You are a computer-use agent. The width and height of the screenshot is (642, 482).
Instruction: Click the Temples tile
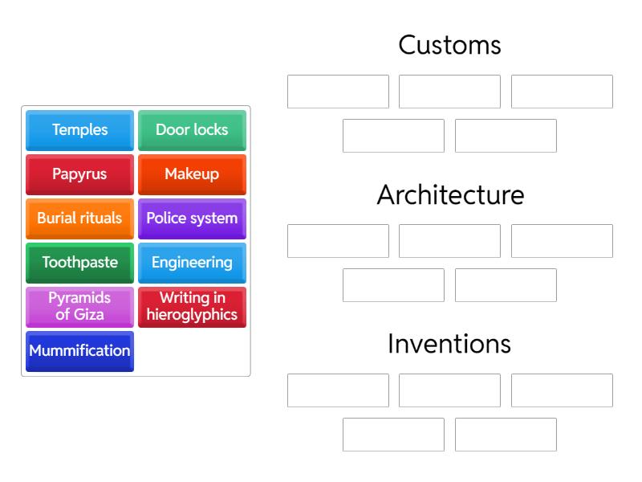[79, 130]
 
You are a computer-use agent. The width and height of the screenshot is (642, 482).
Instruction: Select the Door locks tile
[192, 130]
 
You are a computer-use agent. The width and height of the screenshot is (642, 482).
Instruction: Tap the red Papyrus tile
[79, 174]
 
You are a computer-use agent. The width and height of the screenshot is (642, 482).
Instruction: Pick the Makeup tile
[192, 174]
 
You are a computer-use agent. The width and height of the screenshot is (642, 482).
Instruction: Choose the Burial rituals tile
[79, 219]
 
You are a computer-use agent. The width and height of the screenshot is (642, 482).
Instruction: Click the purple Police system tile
[192, 219]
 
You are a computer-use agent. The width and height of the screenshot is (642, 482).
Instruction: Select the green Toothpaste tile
[79, 263]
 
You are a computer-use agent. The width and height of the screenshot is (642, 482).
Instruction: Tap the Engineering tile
[192, 263]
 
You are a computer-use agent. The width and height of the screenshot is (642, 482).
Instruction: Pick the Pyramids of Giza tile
[79, 307]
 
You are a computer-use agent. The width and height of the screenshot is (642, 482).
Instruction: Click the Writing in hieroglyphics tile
[192, 307]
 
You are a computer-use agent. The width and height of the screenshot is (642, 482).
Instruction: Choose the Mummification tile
[79, 351]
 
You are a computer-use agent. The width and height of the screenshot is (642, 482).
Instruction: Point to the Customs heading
[449, 45]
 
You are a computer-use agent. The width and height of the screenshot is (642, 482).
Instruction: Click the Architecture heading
[449, 195]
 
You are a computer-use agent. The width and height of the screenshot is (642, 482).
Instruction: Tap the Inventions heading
[449, 345]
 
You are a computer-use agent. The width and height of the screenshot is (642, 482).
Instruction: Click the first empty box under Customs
[338, 92]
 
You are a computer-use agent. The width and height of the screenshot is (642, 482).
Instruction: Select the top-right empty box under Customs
[562, 92]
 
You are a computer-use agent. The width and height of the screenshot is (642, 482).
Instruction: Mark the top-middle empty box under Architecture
[449, 241]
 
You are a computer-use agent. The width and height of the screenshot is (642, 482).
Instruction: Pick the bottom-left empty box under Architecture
[393, 285]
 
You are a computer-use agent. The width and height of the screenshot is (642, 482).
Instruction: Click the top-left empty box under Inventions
[338, 390]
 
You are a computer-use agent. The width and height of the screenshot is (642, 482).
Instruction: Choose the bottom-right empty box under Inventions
[506, 435]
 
